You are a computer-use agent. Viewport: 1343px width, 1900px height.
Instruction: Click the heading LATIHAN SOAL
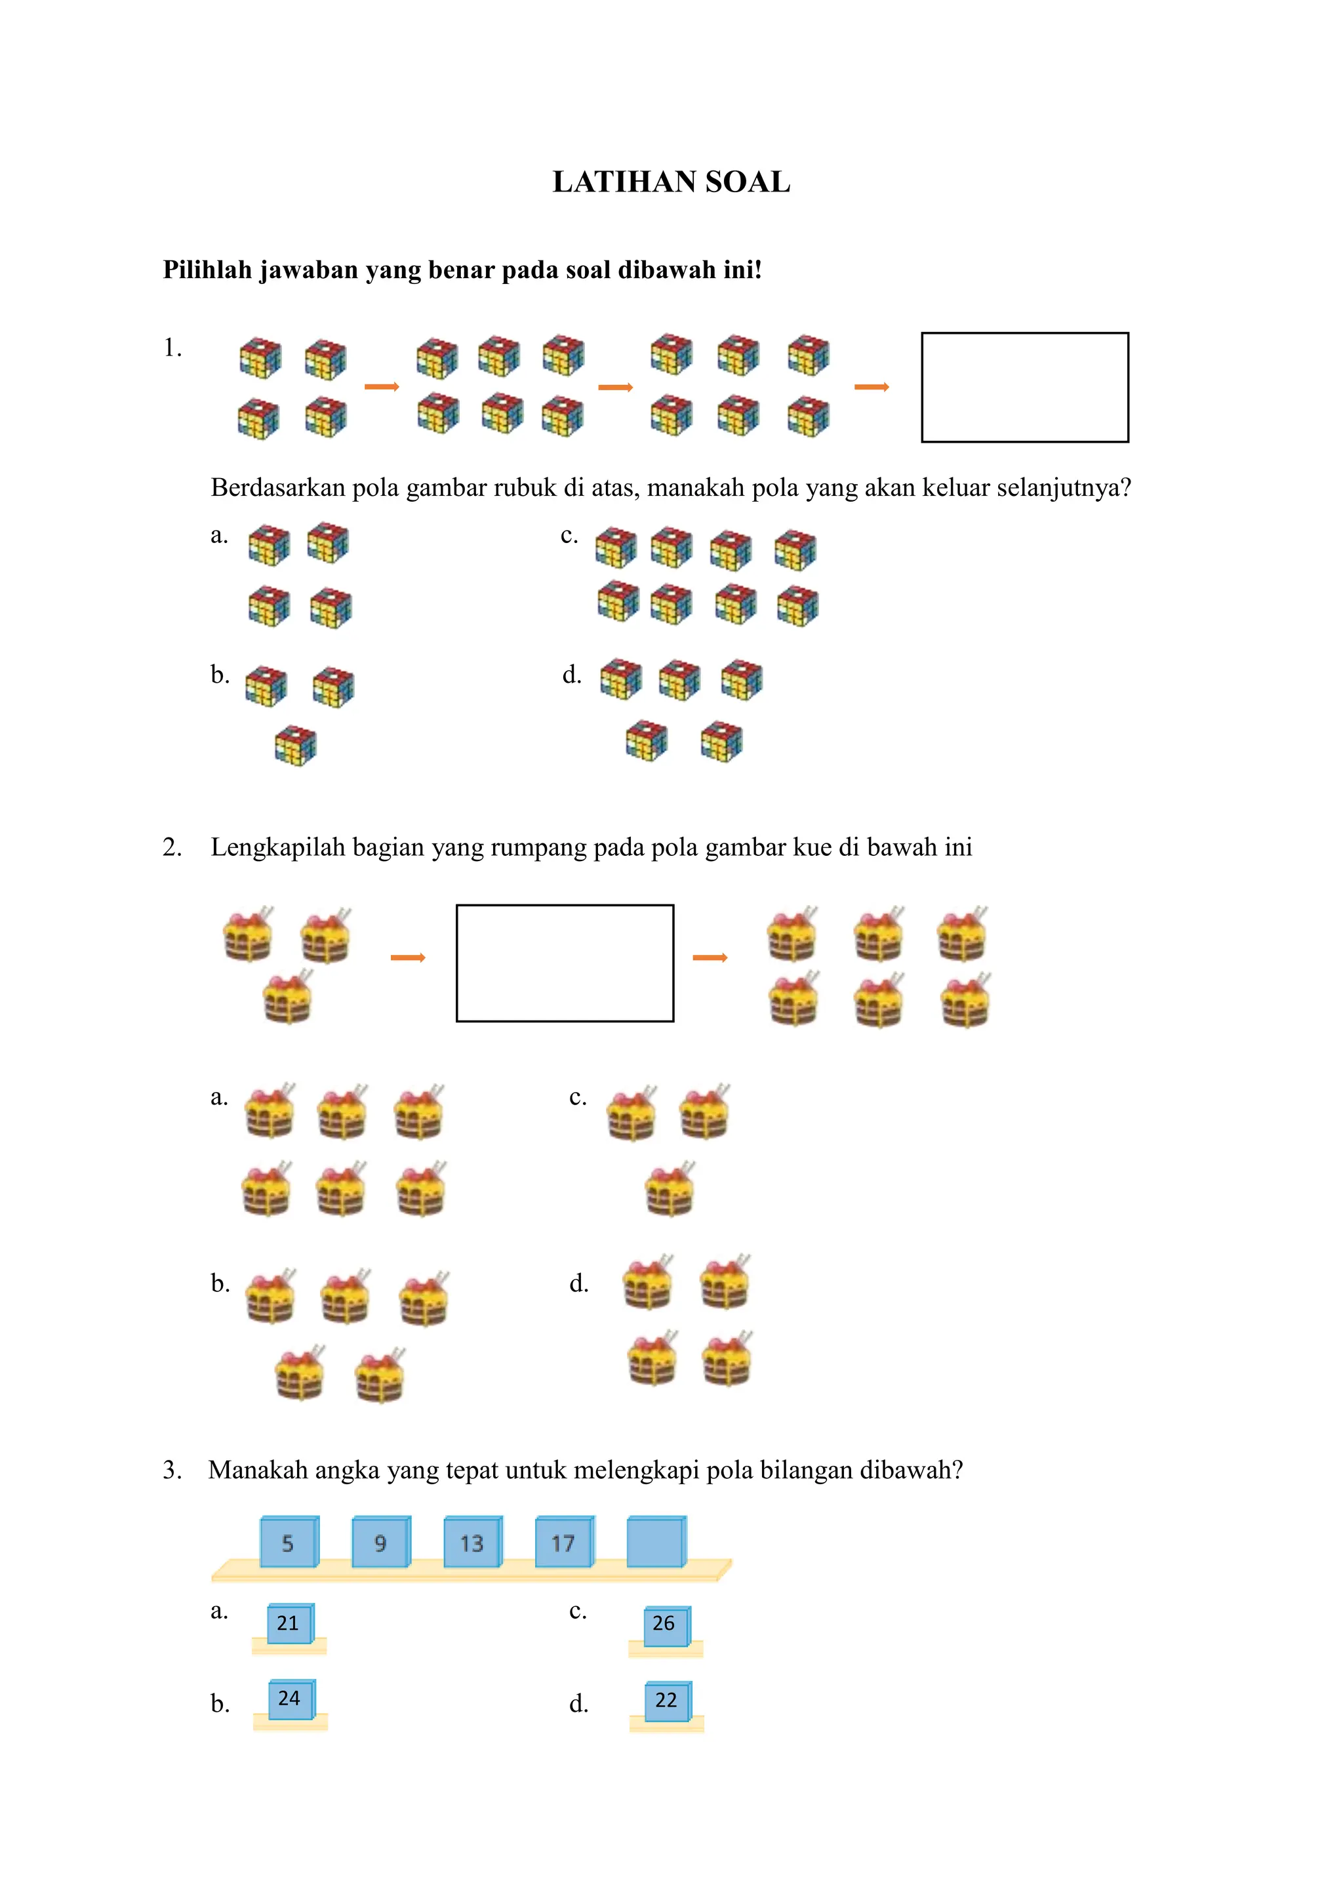tap(671, 182)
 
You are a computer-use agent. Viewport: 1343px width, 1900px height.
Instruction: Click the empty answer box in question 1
tap(1024, 388)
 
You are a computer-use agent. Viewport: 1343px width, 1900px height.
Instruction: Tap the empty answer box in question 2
tap(565, 963)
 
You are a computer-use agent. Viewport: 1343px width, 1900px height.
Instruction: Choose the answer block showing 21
tap(289, 1623)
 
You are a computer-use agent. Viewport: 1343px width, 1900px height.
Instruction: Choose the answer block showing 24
tap(291, 1699)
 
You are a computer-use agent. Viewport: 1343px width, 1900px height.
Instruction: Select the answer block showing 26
tap(666, 1624)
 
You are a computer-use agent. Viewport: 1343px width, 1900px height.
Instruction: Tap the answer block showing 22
tap(667, 1701)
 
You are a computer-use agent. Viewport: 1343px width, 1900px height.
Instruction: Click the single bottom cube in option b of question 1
tap(295, 745)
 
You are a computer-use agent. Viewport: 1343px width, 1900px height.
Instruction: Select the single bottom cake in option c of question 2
tap(670, 1190)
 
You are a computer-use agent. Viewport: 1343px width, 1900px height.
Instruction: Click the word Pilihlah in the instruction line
tap(207, 270)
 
